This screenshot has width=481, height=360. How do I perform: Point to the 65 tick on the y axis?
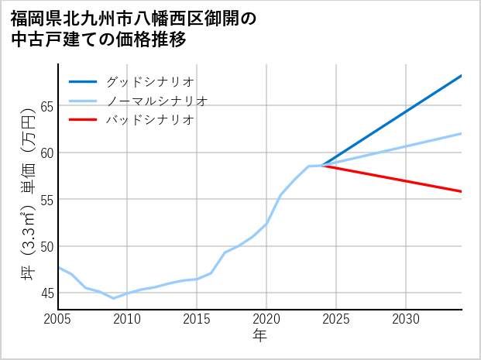click(x=46, y=106)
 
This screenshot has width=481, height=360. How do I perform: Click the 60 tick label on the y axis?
click(x=46, y=153)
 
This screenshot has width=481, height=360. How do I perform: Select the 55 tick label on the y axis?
click(x=46, y=200)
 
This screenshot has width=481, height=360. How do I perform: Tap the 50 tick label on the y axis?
click(x=46, y=246)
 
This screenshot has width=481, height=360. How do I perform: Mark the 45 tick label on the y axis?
click(x=46, y=293)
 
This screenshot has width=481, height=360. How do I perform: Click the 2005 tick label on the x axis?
click(x=58, y=319)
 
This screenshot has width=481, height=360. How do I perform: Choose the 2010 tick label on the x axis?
click(x=127, y=319)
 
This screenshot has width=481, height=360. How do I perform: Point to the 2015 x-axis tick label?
click(x=197, y=319)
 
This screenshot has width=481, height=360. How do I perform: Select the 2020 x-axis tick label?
click(x=266, y=319)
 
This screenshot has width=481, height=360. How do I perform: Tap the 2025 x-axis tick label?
click(x=336, y=319)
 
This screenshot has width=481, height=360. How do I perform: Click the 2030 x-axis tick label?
click(x=406, y=319)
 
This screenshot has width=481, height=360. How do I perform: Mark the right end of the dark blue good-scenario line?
click(x=462, y=76)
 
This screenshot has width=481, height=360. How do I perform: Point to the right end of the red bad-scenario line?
click(x=462, y=191)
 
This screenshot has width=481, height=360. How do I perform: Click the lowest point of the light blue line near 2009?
click(x=114, y=298)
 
